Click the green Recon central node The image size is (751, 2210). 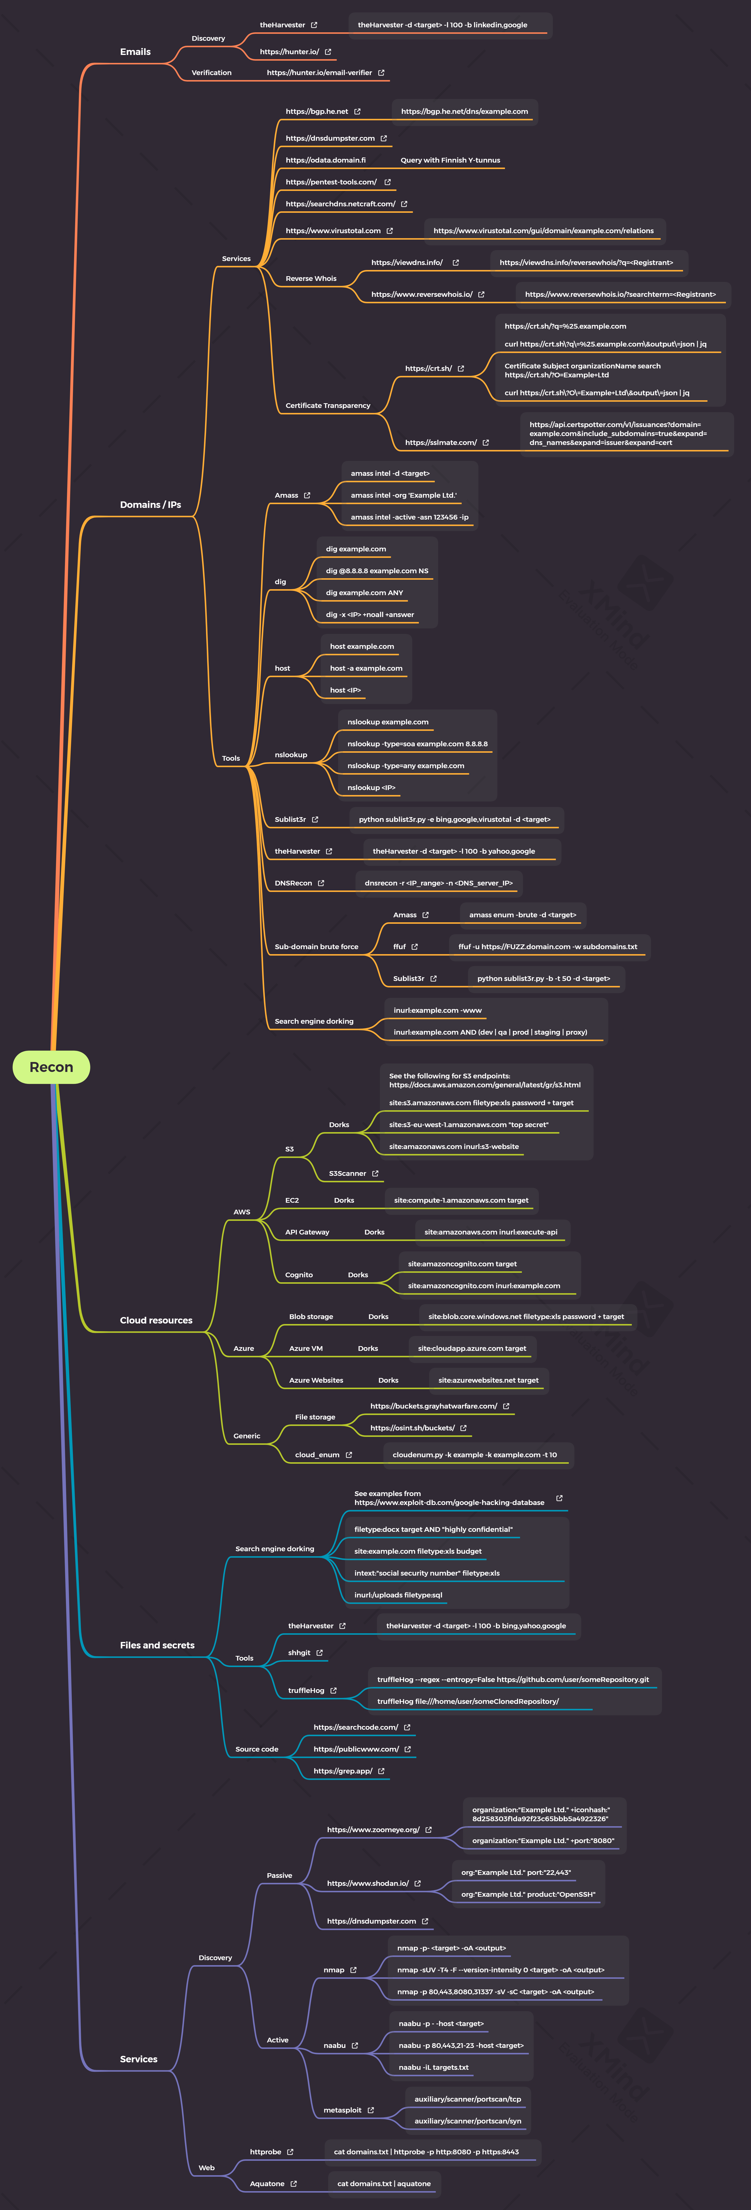click(52, 1066)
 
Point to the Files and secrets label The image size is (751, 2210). click(157, 1645)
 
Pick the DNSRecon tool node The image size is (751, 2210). click(294, 883)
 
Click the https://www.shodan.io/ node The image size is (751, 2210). click(367, 1883)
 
